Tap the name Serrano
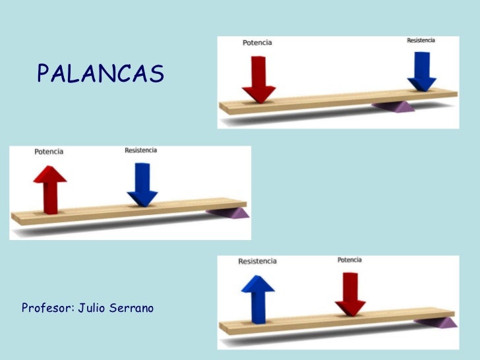136,308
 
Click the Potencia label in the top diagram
257,43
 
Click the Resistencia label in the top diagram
421,40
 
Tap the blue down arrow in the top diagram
422,71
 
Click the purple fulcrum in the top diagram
394,106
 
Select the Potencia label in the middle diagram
49,152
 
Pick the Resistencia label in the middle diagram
141,150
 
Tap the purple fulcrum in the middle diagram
228,212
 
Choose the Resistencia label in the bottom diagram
257,261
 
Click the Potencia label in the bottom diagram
349,260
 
